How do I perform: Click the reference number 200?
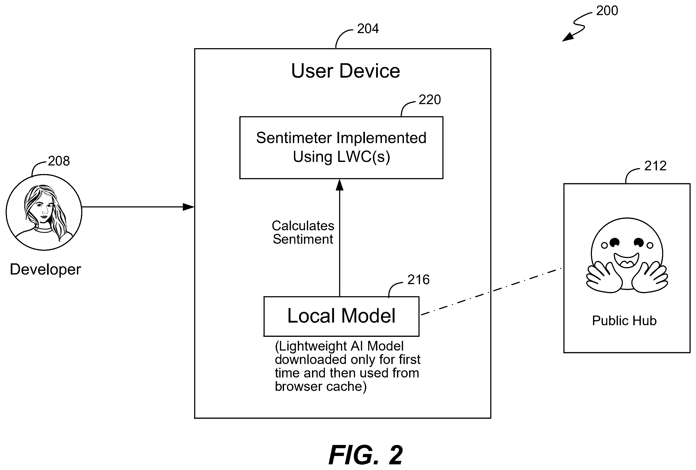(607, 11)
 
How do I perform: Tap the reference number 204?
(368, 29)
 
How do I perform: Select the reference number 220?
(429, 100)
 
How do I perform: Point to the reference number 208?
(59, 161)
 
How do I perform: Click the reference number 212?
(655, 166)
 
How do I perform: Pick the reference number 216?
(418, 280)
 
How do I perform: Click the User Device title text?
(345, 71)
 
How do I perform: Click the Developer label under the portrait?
(45, 269)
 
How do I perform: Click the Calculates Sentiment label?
(303, 232)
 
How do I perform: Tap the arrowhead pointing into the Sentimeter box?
(339, 185)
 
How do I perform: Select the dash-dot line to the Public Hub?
(491, 291)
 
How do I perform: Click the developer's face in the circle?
(44, 208)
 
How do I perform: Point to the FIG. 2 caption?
(366, 455)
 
